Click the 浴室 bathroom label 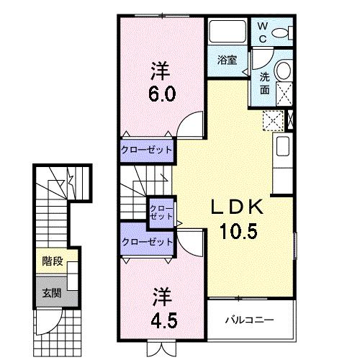pos(227,60)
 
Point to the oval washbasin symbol pos(283,71)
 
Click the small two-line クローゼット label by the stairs pos(160,212)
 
